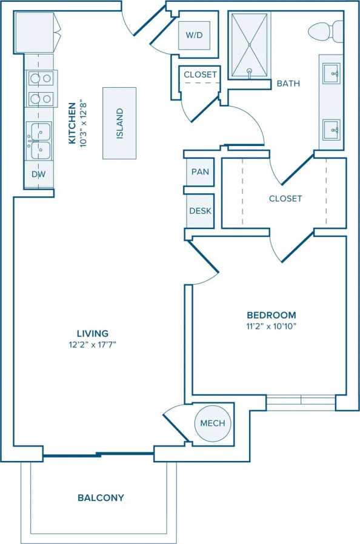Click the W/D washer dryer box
click(x=194, y=36)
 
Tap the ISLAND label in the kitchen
click(x=119, y=123)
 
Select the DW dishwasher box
click(x=38, y=174)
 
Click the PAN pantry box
click(x=200, y=172)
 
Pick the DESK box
click(x=200, y=211)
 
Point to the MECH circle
click(x=213, y=423)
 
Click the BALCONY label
click(x=101, y=498)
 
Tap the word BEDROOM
click(x=271, y=315)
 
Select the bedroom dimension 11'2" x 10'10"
click(x=271, y=327)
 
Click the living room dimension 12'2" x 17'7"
click(x=93, y=345)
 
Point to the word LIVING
click(x=93, y=333)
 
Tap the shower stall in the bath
click(x=249, y=45)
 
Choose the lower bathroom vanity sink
click(x=331, y=128)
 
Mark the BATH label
click(x=288, y=84)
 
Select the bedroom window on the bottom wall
click(x=301, y=401)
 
